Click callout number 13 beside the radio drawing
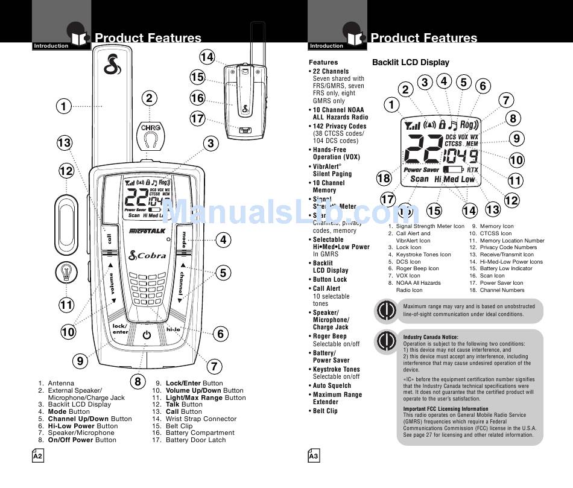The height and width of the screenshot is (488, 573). [64, 143]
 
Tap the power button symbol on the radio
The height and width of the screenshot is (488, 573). [147, 335]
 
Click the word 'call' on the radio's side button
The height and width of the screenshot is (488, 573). [110, 239]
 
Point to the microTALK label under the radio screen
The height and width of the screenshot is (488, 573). [147, 230]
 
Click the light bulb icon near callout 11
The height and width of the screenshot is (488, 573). [66, 273]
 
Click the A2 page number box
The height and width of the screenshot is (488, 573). [37, 457]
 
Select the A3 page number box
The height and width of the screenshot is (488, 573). [313, 457]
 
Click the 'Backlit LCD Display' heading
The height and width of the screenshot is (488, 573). [410, 62]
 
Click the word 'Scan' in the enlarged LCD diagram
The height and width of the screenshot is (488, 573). [419, 179]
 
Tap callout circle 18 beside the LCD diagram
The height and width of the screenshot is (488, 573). [384, 177]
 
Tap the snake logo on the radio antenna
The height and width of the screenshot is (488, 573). [110, 65]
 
